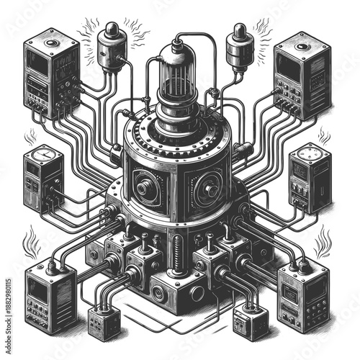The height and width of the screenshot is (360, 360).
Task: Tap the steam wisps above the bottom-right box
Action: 323,241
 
